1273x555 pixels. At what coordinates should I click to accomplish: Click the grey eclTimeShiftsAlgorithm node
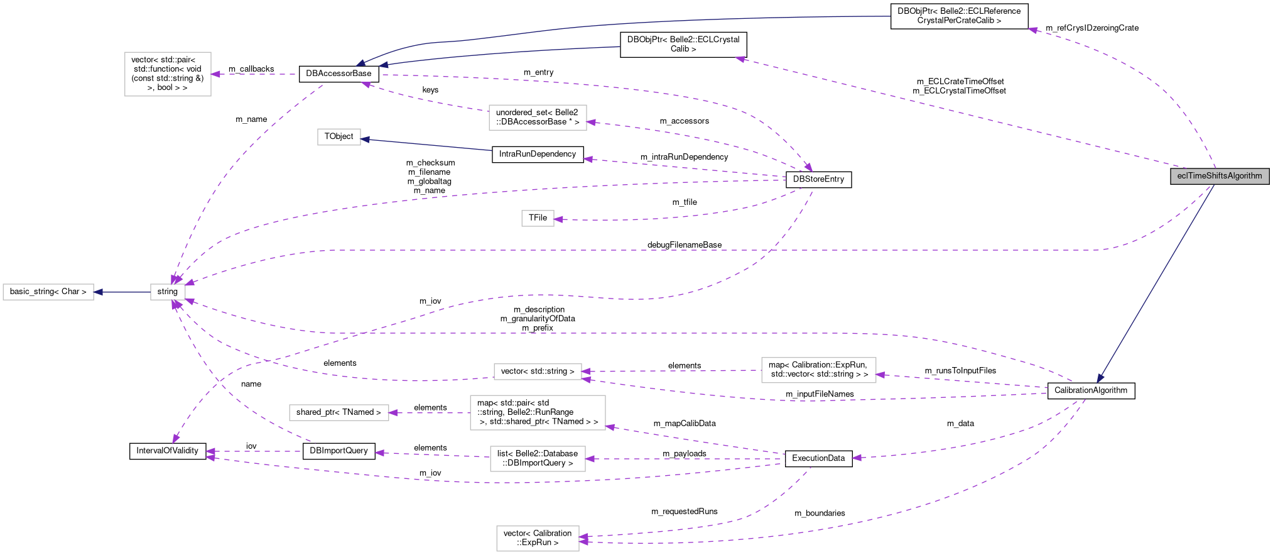(1219, 176)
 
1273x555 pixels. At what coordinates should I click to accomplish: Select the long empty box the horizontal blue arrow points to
(48, 292)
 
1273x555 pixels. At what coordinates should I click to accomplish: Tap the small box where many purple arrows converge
(168, 292)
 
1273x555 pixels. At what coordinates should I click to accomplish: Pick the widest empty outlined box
(538, 412)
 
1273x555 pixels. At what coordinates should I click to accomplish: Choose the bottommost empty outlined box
(538, 539)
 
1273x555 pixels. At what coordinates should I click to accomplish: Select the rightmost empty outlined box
(818, 370)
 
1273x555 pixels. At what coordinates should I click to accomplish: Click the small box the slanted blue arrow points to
(339, 137)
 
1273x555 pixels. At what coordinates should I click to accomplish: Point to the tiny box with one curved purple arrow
(538, 218)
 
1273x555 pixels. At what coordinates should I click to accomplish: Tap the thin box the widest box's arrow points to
(339, 412)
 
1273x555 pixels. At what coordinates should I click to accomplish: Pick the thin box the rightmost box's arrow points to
(538, 372)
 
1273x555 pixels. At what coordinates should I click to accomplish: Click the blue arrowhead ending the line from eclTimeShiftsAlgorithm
(1100, 379)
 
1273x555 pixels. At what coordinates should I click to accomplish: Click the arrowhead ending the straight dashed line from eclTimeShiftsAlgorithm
(740, 59)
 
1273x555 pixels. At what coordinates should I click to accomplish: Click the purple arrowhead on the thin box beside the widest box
(393, 413)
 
